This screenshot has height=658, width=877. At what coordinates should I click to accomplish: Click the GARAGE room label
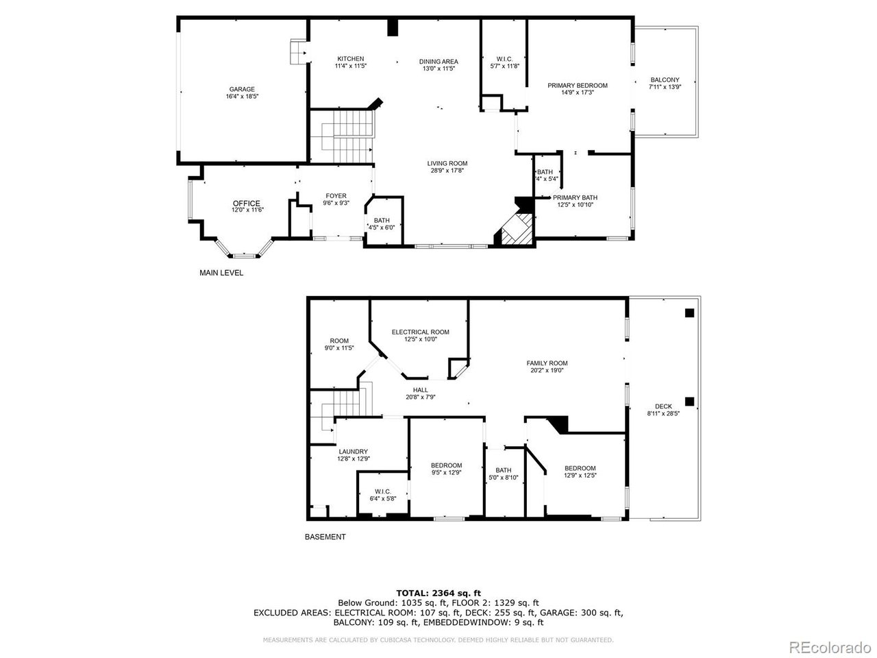click(242, 89)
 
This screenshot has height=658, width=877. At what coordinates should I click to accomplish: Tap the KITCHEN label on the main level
click(350, 59)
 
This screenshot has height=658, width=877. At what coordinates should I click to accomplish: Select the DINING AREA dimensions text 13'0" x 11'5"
click(438, 69)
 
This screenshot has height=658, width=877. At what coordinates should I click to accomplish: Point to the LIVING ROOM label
click(447, 163)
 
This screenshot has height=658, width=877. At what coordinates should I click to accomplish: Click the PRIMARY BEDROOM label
click(577, 86)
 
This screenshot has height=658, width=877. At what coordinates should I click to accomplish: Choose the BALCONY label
click(665, 80)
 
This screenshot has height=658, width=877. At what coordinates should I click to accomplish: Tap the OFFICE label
click(246, 203)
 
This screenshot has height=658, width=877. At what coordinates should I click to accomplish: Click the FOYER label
click(336, 196)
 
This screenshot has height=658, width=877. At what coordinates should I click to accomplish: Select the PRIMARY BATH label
click(575, 197)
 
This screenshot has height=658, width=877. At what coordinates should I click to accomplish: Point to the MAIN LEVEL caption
click(221, 273)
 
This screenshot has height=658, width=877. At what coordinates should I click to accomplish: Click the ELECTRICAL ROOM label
click(420, 332)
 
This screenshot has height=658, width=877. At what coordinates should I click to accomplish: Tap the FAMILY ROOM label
click(547, 363)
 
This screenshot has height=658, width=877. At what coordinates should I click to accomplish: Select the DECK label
click(663, 406)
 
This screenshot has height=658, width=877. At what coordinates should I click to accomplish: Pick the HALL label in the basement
click(421, 390)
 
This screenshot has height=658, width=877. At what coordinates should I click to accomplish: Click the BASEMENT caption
click(325, 537)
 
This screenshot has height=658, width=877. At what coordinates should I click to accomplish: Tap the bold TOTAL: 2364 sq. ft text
click(438, 593)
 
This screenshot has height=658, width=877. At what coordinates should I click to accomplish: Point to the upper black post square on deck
click(689, 313)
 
